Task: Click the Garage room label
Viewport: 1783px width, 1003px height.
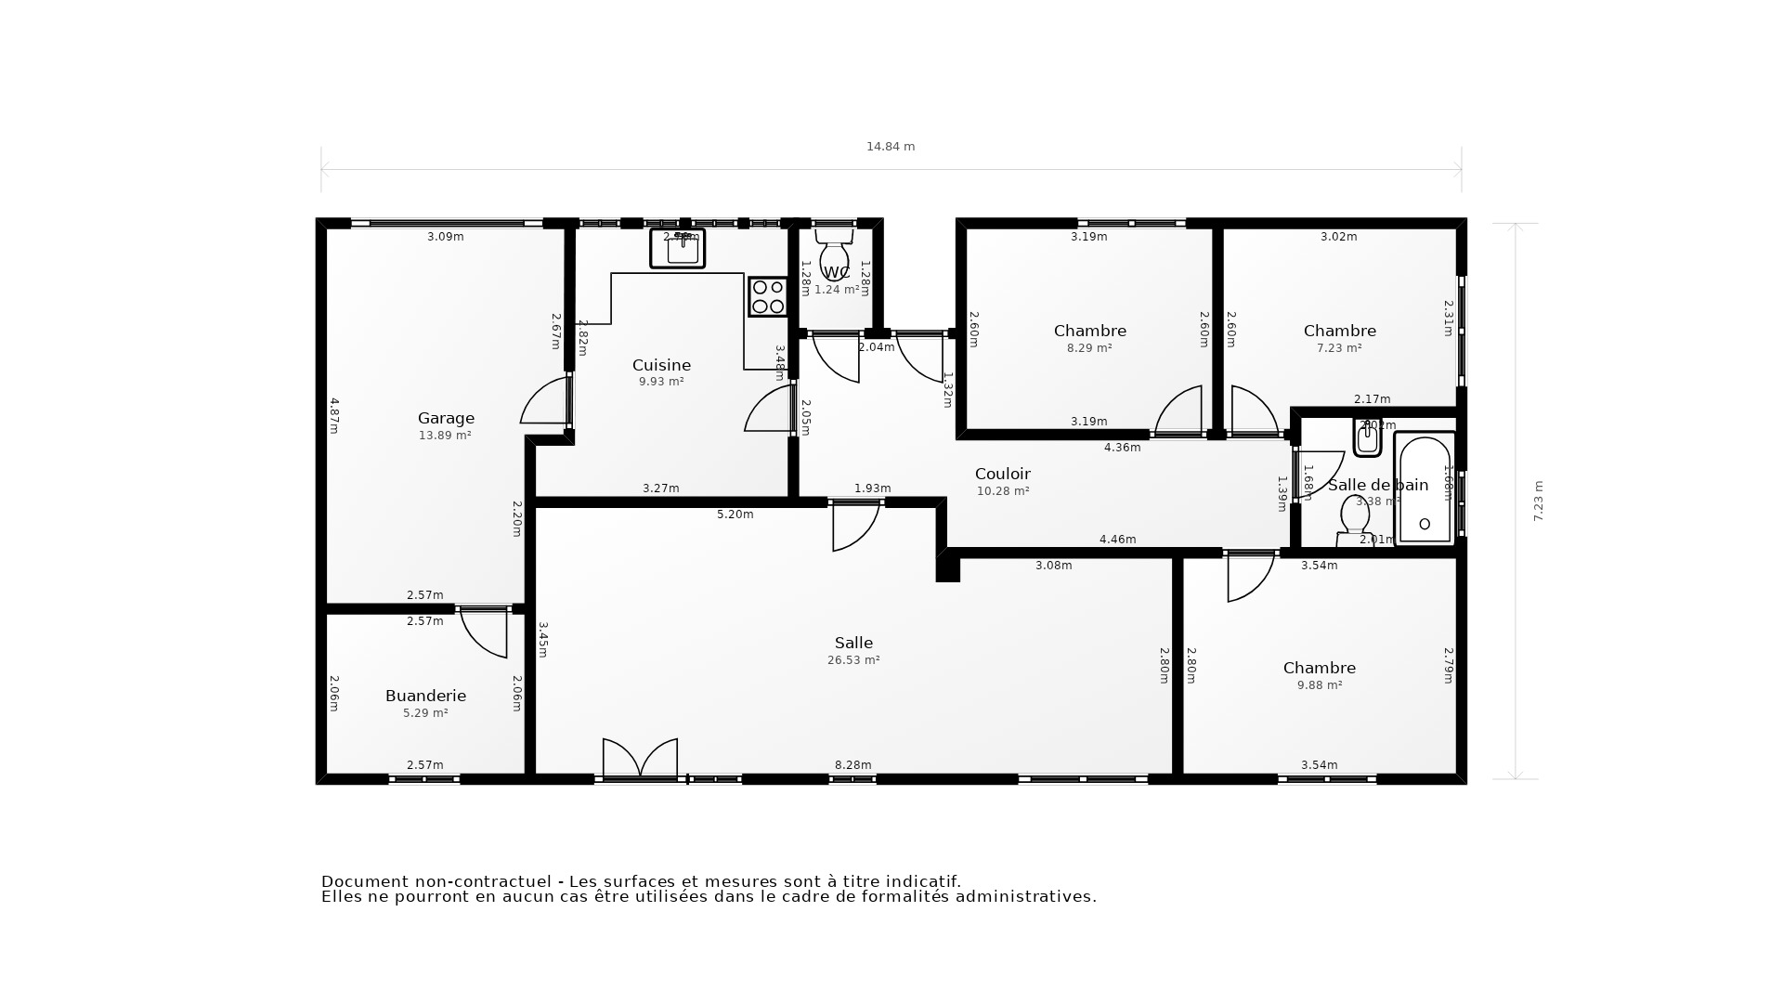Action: pyautogui.click(x=446, y=418)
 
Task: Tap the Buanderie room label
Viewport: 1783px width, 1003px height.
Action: pyautogui.click(x=425, y=696)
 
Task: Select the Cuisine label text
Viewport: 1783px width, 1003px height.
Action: pyautogui.click(x=661, y=365)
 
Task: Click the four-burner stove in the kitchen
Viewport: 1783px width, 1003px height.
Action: pyautogui.click(x=767, y=297)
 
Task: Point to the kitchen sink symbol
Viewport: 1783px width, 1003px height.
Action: pyautogui.click(x=678, y=249)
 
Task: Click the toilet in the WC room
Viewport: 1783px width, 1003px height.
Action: pyautogui.click(x=834, y=254)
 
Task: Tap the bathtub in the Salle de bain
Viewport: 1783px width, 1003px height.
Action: pyautogui.click(x=1425, y=488)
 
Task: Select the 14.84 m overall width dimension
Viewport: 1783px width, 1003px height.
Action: pyautogui.click(x=890, y=147)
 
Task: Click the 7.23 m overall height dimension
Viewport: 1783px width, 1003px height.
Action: pyautogui.click(x=1538, y=501)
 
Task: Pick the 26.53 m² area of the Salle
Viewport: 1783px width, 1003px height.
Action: pyautogui.click(x=852, y=660)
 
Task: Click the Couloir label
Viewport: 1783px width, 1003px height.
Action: pyautogui.click(x=1002, y=474)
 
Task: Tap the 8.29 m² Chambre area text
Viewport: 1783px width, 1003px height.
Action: pyautogui.click(x=1089, y=348)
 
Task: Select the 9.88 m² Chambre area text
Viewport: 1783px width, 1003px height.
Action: pyautogui.click(x=1319, y=685)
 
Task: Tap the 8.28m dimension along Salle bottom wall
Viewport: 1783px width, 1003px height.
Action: pyautogui.click(x=852, y=765)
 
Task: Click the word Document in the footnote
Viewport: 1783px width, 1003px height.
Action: pyautogui.click(x=365, y=881)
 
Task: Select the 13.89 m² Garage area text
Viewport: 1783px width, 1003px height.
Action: pyautogui.click(x=445, y=435)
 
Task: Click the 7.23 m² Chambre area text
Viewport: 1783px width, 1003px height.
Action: pyautogui.click(x=1338, y=348)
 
